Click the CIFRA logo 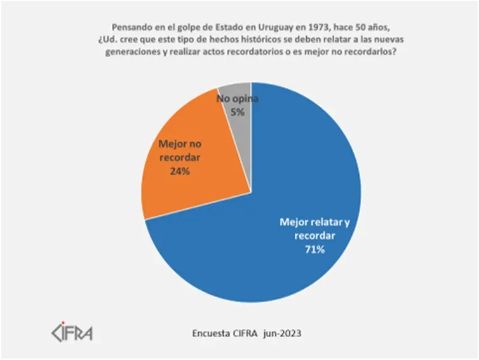[x=71, y=333]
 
